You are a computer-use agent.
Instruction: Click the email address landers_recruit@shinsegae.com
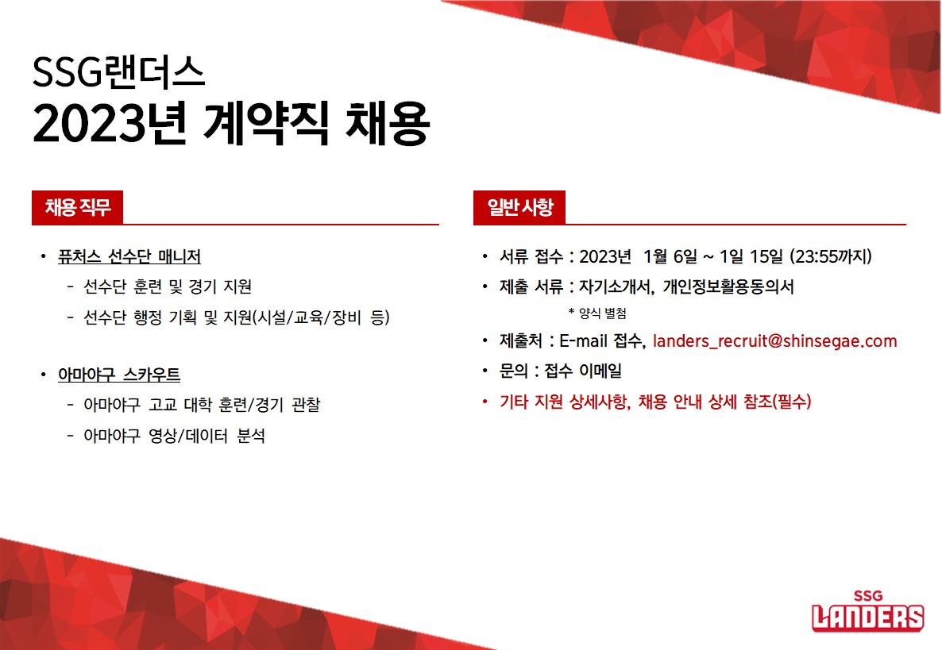point(774,341)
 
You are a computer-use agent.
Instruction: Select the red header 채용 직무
point(78,208)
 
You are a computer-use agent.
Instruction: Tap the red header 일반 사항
point(519,208)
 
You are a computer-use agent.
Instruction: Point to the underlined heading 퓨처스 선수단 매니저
point(129,257)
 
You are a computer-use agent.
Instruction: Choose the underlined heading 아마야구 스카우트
point(119,375)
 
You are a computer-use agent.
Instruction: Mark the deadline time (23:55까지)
point(831,257)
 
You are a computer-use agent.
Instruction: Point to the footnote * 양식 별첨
point(597,313)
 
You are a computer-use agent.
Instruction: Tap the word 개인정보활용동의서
point(728,287)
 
